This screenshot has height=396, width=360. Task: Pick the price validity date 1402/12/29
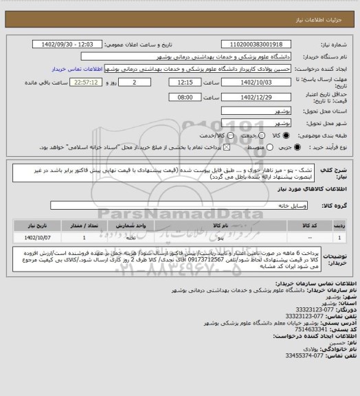click(258, 98)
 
